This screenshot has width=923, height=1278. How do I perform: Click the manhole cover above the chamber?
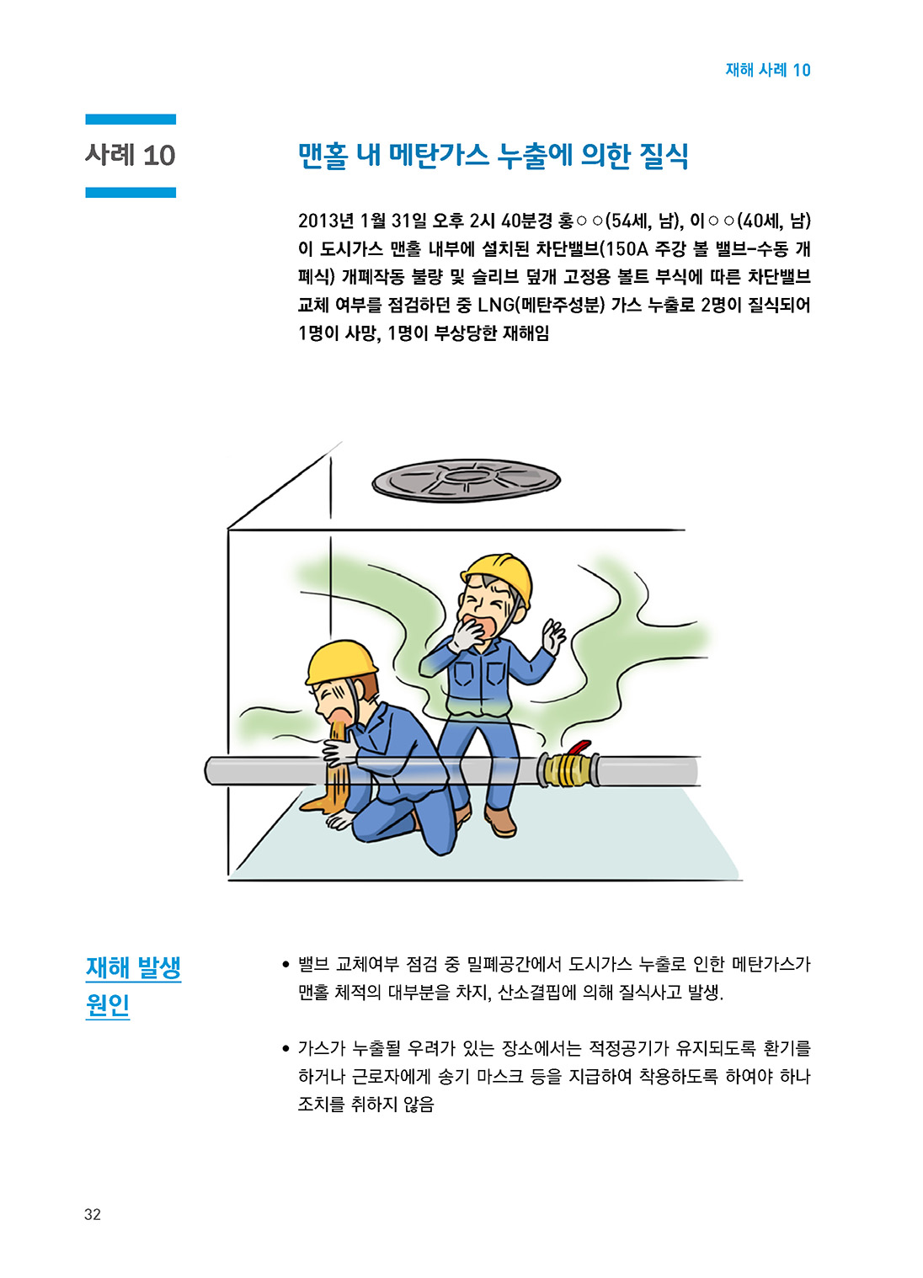click(x=466, y=481)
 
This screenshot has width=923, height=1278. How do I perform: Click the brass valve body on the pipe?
click(x=567, y=769)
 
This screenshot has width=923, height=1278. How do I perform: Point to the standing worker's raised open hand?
click(x=552, y=636)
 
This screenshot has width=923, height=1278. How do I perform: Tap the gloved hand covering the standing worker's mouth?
click(x=467, y=635)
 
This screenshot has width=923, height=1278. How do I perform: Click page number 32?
click(x=93, y=1214)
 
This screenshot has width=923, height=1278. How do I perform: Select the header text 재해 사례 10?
click(x=768, y=70)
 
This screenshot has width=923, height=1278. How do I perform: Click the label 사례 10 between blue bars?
click(x=131, y=155)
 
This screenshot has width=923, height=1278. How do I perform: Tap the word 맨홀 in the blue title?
click(x=323, y=155)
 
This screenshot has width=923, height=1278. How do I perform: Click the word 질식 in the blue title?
click(x=664, y=155)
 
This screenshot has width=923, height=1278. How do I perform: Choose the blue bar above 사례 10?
click(x=131, y=120)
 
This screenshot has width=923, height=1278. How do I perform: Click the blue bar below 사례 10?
click(x=131, y=192)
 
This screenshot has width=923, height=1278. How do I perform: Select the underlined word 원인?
click(x=107, y=1005)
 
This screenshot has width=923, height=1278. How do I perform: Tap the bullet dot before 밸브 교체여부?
click(x=286, y=964)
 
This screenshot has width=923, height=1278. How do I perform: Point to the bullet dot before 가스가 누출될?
click(x=286, y=1049)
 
